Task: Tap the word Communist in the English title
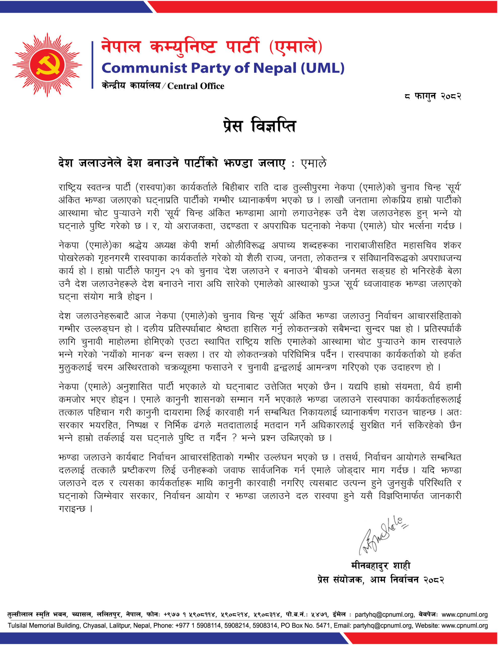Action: [144, 68]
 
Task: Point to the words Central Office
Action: [195, 86]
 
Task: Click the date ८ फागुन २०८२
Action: [433, 96]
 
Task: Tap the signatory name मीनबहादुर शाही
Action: [380, 566]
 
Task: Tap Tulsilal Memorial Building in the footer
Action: [44, 626]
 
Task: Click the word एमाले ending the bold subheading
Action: [313, 163]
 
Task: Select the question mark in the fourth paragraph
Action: [234, 438]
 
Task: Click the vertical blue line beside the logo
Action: [92, 65]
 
